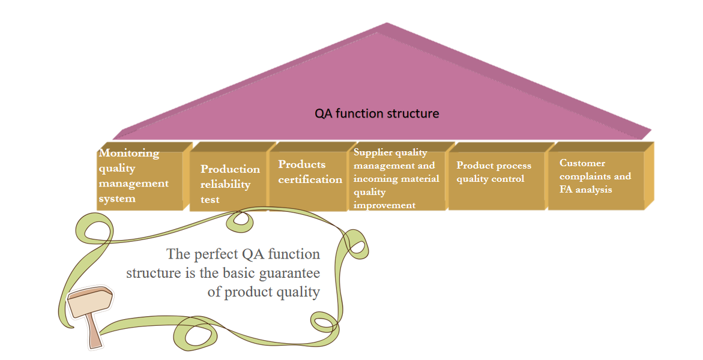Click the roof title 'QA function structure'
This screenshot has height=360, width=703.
coord(376,113)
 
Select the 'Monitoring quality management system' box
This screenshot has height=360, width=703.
coord(144,176)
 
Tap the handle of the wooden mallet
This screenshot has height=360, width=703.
coord(95,331)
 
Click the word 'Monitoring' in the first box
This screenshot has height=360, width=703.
coord(129,153)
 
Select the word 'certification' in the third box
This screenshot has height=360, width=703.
coord(310,179)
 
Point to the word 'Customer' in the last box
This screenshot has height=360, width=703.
coord(582,163)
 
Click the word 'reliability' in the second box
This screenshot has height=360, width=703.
coord(225,184)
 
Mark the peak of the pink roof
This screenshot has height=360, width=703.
coord(387,23)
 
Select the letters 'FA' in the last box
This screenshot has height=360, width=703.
coord(566,189)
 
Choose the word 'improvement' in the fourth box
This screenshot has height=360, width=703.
coord(384,205)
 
